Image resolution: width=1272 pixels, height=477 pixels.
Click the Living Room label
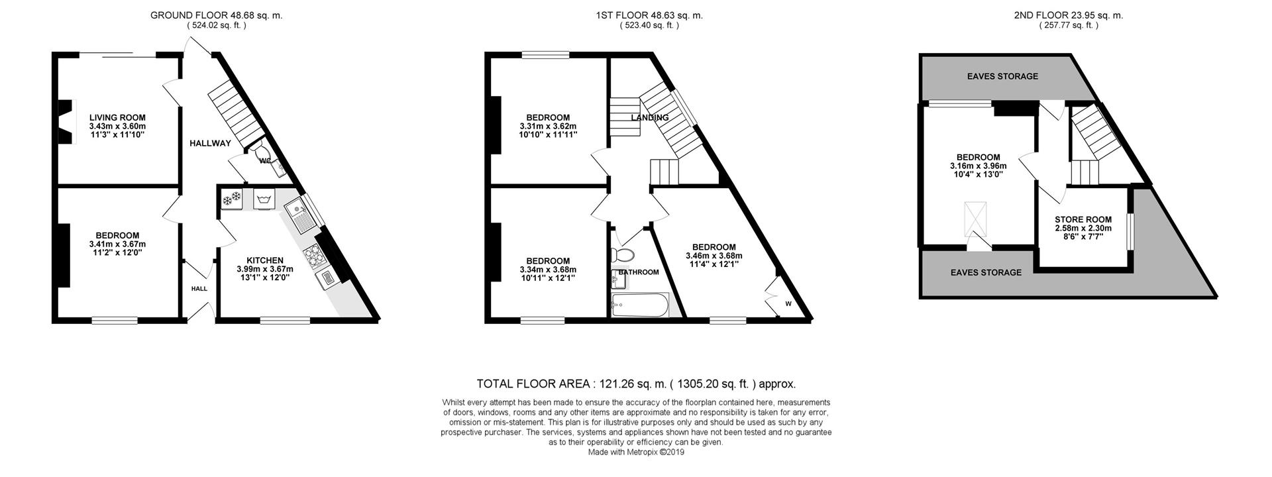[117, 117]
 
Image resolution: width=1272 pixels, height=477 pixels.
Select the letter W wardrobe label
[788, 304]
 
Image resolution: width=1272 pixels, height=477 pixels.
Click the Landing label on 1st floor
[649, 118]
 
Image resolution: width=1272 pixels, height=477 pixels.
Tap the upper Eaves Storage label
[1002, 76]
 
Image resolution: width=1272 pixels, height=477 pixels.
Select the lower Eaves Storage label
[986, 272]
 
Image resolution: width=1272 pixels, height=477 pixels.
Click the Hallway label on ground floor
[210, 143]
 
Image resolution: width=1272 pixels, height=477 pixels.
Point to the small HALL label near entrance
[199, 289]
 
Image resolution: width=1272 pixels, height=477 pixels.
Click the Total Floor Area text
[636, 384]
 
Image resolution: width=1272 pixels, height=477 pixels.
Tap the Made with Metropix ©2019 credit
[636, 452]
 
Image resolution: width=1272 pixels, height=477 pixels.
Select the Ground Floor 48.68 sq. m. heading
[216, 15]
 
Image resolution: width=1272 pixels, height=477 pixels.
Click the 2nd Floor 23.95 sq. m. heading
[1068, 15]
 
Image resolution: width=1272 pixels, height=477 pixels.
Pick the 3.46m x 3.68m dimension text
[714, 256]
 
